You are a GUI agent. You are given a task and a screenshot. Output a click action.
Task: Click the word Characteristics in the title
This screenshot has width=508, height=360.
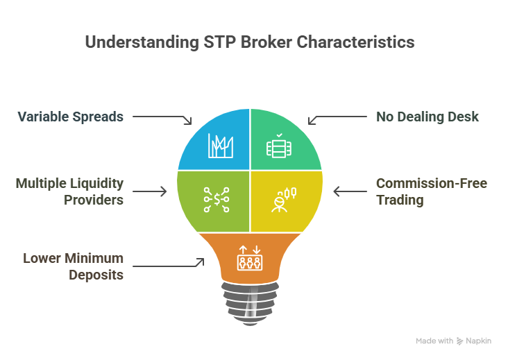coord(355,42)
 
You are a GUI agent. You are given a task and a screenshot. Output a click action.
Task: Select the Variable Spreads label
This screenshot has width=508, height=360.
coord(71,117)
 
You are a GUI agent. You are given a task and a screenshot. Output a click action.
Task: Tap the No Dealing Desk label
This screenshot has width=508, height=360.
coord(427,117)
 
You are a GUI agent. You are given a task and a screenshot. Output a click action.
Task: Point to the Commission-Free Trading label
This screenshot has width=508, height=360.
coord(432,192)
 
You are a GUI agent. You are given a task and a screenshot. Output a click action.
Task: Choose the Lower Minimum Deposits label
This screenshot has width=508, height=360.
coord(73,266)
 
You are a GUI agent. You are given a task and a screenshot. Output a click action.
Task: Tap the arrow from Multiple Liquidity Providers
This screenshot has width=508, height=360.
coord(149,191)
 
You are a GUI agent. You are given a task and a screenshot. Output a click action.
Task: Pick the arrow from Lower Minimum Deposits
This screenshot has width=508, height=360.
coord(168,264)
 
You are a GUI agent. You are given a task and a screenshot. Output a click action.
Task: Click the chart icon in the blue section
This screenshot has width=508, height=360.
coord(221,146)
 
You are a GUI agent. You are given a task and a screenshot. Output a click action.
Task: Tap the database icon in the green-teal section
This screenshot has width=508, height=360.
coord(279,146)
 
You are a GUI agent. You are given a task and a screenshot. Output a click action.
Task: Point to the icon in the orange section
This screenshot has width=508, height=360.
coord(250,257)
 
